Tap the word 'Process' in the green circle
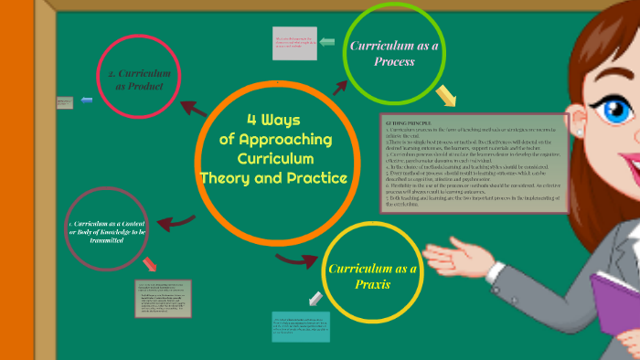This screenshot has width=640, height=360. click(394, 62)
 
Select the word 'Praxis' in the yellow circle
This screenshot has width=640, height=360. click(372, 284)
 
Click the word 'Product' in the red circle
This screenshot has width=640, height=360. click(140, 87)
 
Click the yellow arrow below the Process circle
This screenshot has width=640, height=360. click(445, 95)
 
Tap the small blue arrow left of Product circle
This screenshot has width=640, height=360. click(87, 100)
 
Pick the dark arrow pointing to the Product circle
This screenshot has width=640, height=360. click(193, 109)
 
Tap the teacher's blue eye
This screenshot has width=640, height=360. click(611, 107)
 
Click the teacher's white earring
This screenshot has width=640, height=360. click(579, 132)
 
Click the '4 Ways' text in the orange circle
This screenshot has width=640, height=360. click(273, 121)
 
